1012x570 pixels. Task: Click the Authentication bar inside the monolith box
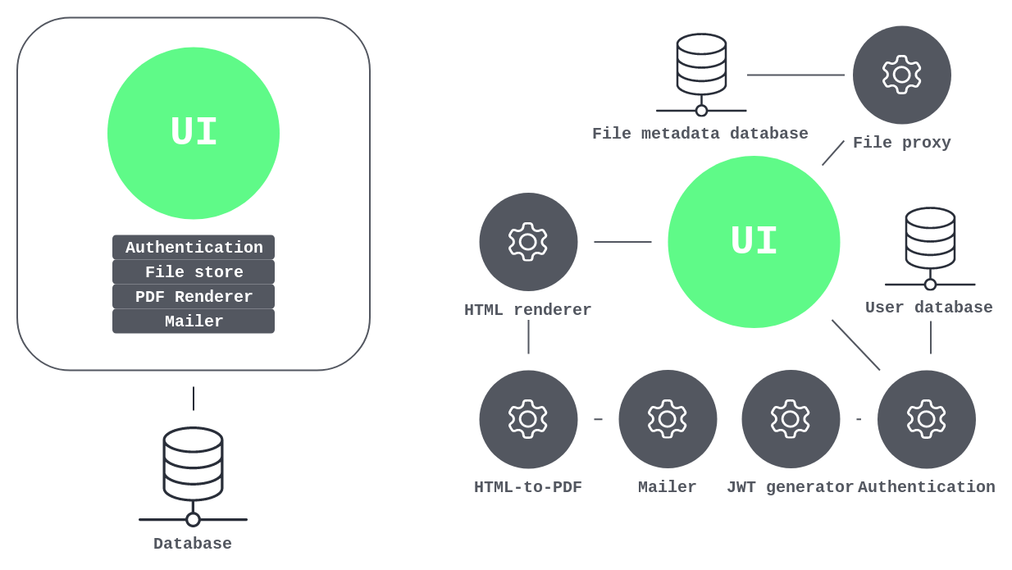pyautogui.click(x=194, y=248)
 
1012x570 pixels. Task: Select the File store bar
pyautogui.click(x=194, y=272)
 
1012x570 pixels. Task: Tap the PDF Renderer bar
pyautogui.click(x=194, y=297)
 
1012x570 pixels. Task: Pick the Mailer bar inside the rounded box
pyautogui.click(x=194, y=321)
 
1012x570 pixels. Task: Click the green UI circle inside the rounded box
pyautogui.click(x=194, y=133)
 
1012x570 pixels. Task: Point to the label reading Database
pyautogui.click(x=193, y=544)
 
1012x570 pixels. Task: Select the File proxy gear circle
pyautogui.click(x=901, y=75)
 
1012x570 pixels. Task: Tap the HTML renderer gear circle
pyautogui.click(x=528, y=242)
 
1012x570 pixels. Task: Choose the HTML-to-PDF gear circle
pyautogui.click(x=528, y=419)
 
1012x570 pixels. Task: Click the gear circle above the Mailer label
pyautogui.click(x=668, y=419)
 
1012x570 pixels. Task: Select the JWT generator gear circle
pyautogui.click(x=791, y=419)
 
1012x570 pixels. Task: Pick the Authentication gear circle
pyautogui.click(x=926, y=419)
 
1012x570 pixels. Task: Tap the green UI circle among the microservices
pyautogui.click(x=754, y=242)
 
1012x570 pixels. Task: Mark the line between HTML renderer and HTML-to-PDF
pyautogui.click(x=528, y=337)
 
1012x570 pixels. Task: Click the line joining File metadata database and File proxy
pyautogui.click(x=795, y=75)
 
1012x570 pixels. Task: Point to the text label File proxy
pyautogui.click(x=901, y=143)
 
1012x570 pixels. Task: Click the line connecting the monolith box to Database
pyautogui.click(x=194, y=399)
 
